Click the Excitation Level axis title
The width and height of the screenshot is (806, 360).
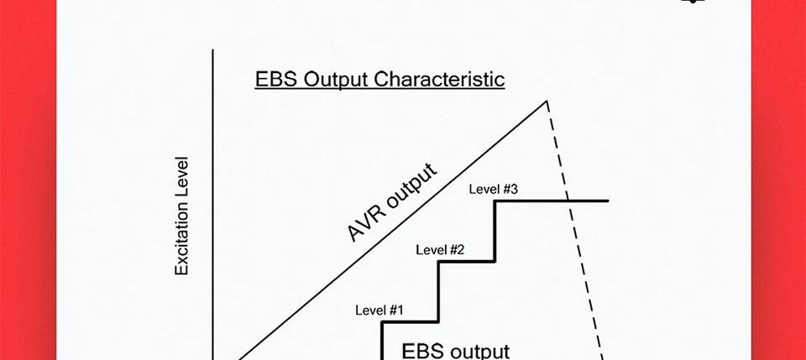(x=181, y=217)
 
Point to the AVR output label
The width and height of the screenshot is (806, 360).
(x=392, y=203)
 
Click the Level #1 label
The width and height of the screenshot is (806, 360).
(x=379, y=310)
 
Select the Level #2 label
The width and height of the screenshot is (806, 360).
(x=440, y=249)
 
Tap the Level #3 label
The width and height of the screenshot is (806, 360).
(x=493, y=189)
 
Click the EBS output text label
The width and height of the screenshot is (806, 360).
(x=455, y=350)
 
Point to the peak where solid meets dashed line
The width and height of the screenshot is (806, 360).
(x=547, y=102)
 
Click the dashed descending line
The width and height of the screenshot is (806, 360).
(x=585, y=277)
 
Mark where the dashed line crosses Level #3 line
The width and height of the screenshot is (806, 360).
(x=569, y=201)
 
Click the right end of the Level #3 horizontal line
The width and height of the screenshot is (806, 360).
(x=607, y=201)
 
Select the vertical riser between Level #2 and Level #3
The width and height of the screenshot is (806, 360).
(x=495, y=232)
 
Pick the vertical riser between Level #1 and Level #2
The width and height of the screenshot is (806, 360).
(x=439, y=292)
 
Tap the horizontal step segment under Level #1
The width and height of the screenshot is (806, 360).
(x=411, y=322)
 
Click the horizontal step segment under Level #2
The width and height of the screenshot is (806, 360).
(x=467, y=262)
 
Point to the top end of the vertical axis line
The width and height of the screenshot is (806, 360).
(x=213, y=50)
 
